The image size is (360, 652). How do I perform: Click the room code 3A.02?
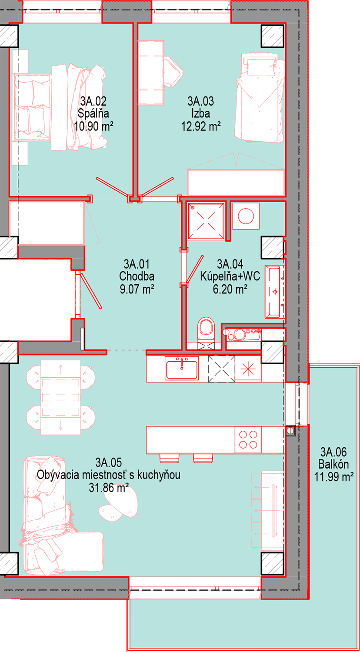pyautogui.click(x=93, y=101)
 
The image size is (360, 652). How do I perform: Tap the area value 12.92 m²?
pyautogui.click(x=201, y=126)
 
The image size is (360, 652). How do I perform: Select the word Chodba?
pyautogui.click(x=137, y=276)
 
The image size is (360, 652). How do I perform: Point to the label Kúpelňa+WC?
pyautogui.click(x=230, y=276)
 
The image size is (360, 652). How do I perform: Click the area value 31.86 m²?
pyautogui.click(x=109, y=488)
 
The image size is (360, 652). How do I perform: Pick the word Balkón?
pyautogui.click(x=333, y=464)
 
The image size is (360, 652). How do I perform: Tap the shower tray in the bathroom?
pyautogui.click(x=206, y=221)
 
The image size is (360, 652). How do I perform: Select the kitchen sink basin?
pyautogui.click(x=182, y=369)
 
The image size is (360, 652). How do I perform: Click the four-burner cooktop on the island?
pyautogui.click(x=248, y=439)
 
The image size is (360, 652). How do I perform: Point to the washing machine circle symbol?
pyautogui.click(x=246, y=216)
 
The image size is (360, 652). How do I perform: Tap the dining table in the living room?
pyautogui.click(x=60, y=397)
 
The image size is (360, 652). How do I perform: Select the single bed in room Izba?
pyautogui.click(x=260, y=97)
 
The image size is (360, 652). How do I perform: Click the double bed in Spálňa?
pyautogui.click(x=60, y=108)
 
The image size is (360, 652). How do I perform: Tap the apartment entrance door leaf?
pyautogui.click(x=90, y=290)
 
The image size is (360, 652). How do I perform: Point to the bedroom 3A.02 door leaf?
pyautogui.click(x=113, y=186)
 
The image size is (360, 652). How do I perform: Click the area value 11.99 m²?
pyautogui.click(x=334, y=477)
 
